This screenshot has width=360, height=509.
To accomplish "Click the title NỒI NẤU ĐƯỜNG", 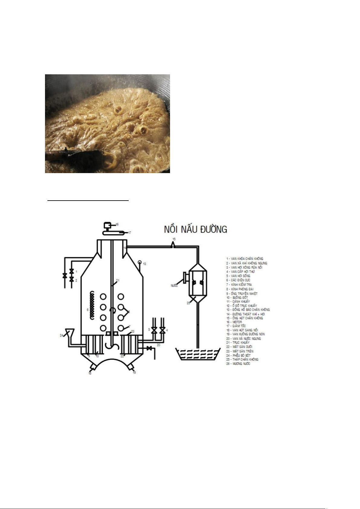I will (195, 229).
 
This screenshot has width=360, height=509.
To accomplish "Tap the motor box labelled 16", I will (107, 225).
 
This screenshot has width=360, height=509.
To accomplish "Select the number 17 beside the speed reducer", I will (130, 233).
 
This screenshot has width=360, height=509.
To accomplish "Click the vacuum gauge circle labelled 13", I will (140, 262).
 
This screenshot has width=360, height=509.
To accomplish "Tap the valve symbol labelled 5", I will (154, 330).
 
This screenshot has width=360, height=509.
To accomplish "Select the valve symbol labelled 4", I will (162, 330).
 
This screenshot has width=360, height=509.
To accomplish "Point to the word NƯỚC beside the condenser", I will (174, 285).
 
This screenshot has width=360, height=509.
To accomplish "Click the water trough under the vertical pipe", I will (198, 354).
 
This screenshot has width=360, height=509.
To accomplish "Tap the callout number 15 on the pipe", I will (174, 239).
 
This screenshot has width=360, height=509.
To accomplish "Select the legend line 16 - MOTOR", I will (234, 322).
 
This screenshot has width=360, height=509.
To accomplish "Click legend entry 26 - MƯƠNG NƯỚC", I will (238, 364).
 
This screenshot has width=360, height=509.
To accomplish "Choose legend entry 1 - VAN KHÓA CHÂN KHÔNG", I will (245, 259).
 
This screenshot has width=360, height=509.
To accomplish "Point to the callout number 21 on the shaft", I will (118, 281).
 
